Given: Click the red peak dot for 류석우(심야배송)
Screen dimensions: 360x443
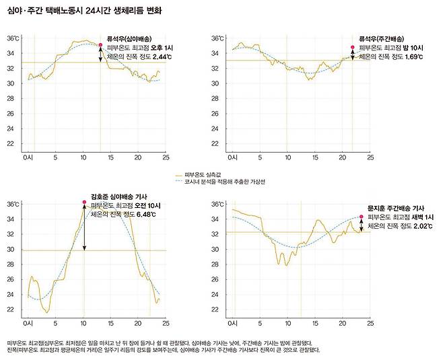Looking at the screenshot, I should coord(100,45).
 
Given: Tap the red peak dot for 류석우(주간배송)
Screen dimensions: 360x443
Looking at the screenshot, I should coord(352,47).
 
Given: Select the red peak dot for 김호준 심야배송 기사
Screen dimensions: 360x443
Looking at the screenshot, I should coord(83,202).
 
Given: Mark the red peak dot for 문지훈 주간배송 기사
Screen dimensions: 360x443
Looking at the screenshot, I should coord(361,217).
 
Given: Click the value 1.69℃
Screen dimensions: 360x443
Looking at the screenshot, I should coord(411,58).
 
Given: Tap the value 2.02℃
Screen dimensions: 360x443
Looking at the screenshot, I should coord(421,227).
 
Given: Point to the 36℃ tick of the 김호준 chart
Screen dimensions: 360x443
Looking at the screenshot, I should coord(13,204).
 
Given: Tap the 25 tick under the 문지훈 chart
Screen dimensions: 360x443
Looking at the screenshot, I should coord(369,324).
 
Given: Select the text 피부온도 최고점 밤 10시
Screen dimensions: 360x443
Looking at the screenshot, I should coord(391,48).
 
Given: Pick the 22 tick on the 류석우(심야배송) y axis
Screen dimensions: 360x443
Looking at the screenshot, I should coord(13,143).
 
